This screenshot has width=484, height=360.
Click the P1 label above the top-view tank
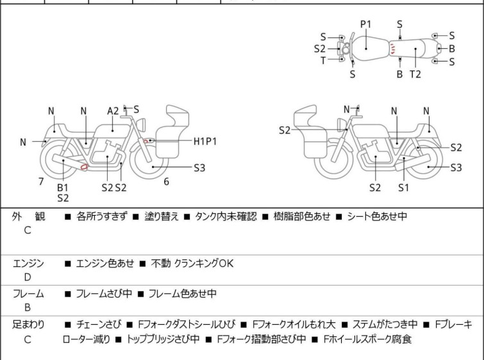click(x=365, y=24)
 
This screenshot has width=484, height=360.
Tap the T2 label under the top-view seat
click(x=415, y=74)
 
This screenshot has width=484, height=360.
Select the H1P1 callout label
click(x=205, y=141)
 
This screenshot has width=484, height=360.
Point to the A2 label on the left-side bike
click(x=113, y=111)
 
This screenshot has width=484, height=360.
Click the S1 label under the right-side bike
click(x=403, y=188)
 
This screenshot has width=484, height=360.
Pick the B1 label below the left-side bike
click(x=63, y=187)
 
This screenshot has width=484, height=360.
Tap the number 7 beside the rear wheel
click(x=41, y=182)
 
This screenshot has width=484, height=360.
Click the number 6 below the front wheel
click(x=166, y=182)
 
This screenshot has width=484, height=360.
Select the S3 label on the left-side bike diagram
click(x=199, y=168)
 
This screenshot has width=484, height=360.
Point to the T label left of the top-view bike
click(x=323, y=60)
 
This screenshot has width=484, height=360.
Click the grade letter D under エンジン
click(x=28, y=277)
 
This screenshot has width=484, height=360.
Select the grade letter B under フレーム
click(x=28, y=307)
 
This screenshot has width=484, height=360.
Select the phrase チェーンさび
click(x=97, y=325)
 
